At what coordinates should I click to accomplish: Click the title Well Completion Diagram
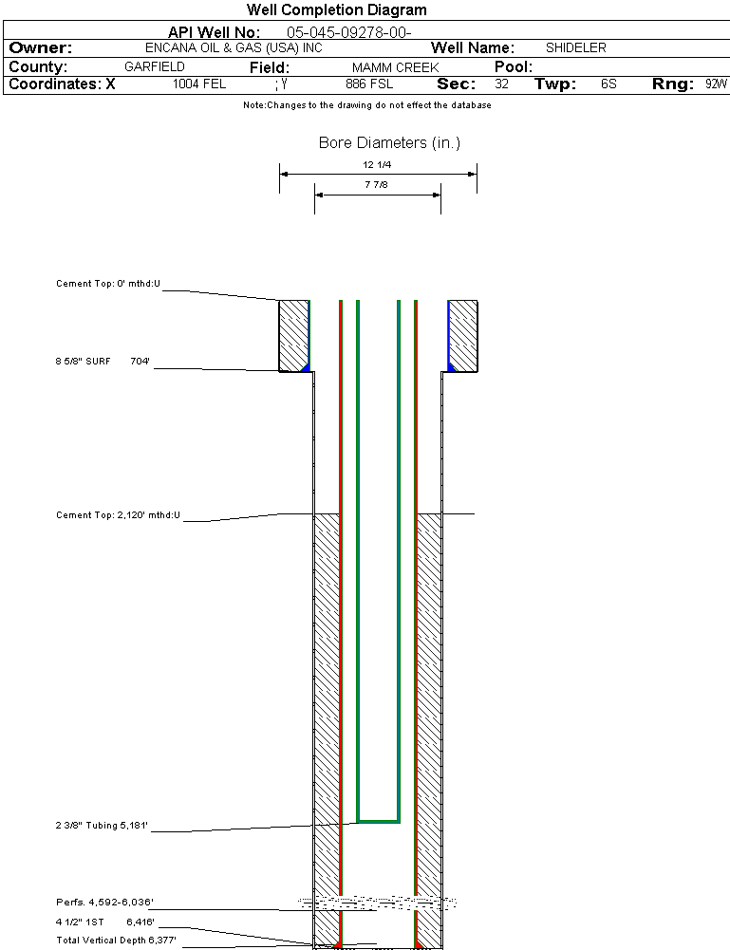(x=336, y=10)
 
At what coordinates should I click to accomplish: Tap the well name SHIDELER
(x=575, y=47)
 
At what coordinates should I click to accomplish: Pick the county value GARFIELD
(x=155, y=67)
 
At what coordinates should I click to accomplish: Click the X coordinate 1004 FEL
(x=199, y=84)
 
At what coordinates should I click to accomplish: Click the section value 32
(x=501, y=84)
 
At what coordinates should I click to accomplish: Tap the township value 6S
(x=608, y=84)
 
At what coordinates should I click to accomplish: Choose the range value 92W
(x=716, y=84)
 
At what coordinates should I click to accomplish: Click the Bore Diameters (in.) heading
(x=389, y=143)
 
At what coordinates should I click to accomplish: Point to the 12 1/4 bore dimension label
(x=377, y=164)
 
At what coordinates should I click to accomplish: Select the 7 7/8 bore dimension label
(x=377, y=185)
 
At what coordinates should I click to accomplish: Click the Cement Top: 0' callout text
(x=108, y=284)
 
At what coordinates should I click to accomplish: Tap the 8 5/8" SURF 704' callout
(x=103, y=362)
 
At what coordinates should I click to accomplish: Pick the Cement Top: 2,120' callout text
(x=118, y=515)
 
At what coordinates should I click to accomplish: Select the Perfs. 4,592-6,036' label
(x=104, y=903)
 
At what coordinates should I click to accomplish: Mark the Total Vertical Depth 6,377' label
(x=116, y=941)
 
